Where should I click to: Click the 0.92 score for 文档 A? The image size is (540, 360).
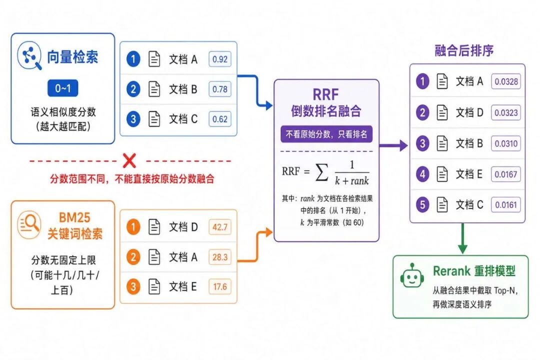[219, 59]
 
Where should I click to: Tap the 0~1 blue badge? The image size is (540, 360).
[62, 88]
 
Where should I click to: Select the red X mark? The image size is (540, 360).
[129, 160]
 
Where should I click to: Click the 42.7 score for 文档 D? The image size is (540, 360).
[219, 227]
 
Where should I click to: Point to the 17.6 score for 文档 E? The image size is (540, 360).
[219, 286]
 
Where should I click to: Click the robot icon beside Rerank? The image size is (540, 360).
[412, 275]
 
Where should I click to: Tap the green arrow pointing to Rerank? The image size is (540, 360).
[462, 238]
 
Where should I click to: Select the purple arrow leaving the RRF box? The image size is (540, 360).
[393, 145]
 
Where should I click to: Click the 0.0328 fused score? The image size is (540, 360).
[506, 81]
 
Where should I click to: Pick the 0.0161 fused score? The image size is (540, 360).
[506, 205]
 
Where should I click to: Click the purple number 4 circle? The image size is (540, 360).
[422, 174]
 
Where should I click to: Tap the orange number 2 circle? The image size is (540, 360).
[133, 257]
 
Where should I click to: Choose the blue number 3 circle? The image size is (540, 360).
[133, 119]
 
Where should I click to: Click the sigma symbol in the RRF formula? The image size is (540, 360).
[321, 172]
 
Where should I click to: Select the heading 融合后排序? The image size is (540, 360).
[464, 50]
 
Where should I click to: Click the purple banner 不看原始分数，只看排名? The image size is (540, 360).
[326, 134]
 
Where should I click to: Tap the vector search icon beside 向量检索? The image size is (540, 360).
[29, 55]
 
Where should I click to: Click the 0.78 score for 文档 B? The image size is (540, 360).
[219, 89]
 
